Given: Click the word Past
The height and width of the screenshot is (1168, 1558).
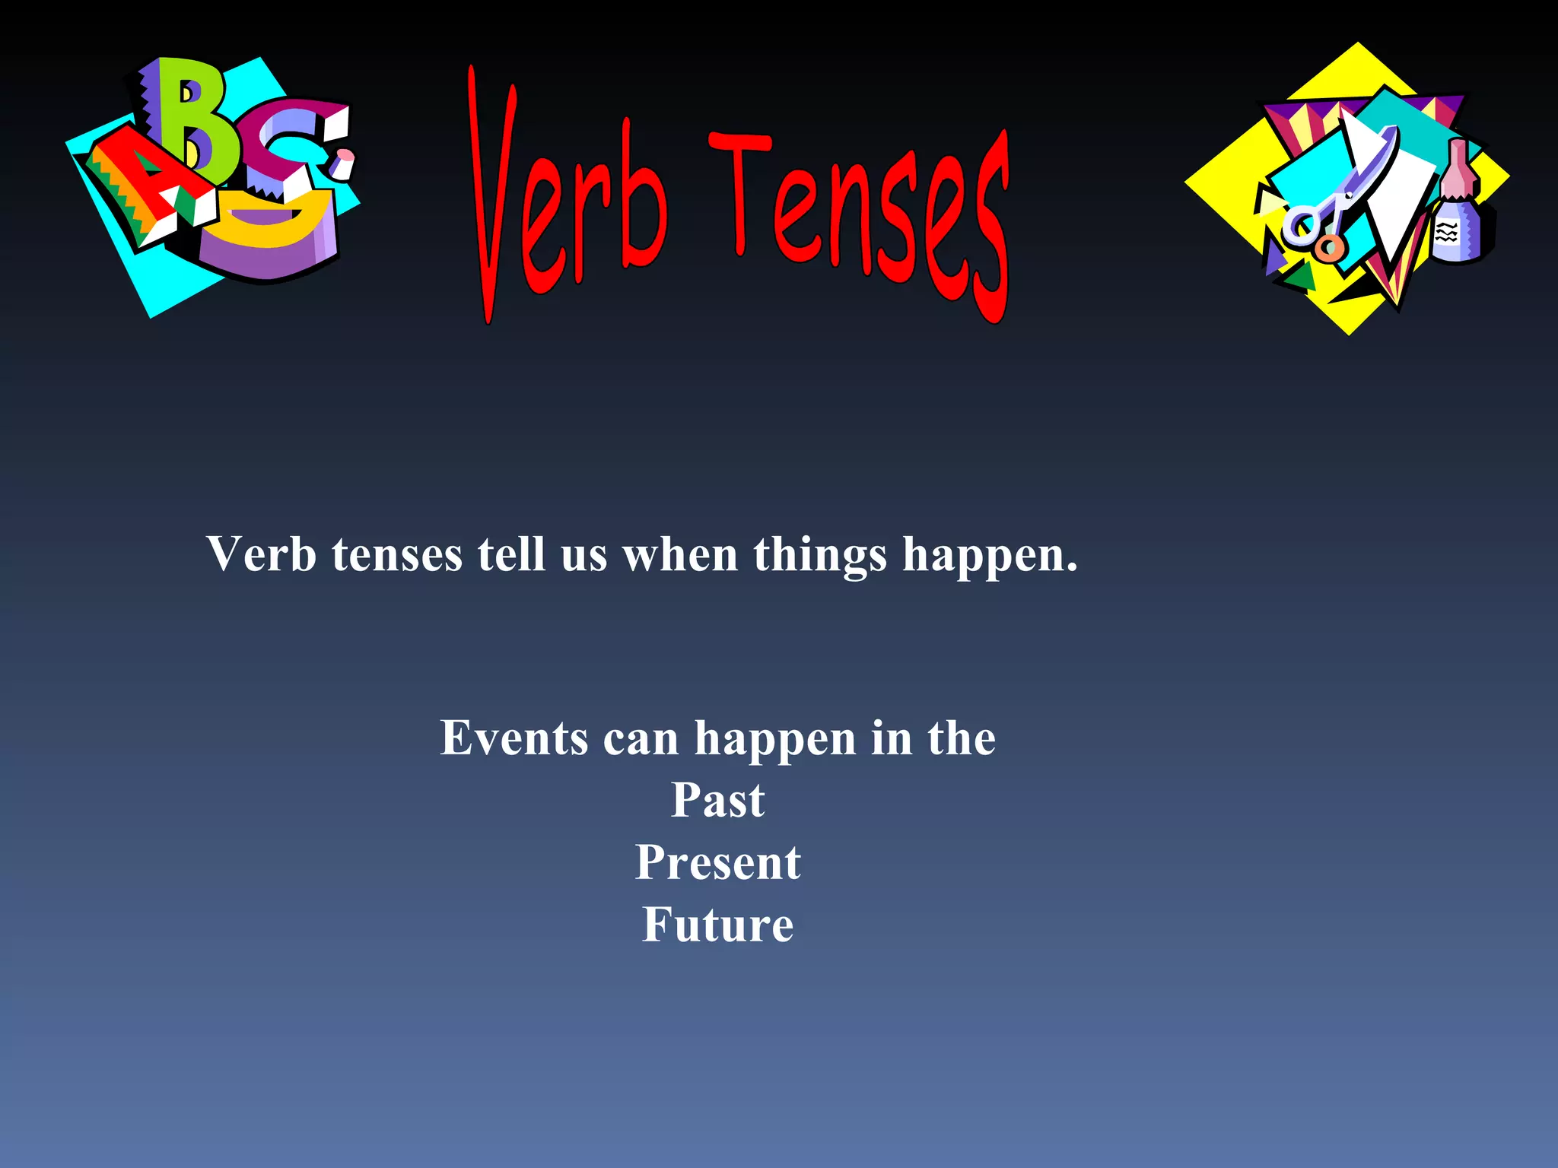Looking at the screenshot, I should click(x=717, y=801).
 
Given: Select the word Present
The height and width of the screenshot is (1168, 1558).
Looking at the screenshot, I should click(x=717, y=863).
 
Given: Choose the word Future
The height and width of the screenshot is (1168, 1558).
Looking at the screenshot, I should click(x=717, y=925).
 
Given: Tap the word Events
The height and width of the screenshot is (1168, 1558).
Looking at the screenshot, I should click(x=514, y=738).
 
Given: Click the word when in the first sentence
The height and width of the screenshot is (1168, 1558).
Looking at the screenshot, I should click(x=680, y=554).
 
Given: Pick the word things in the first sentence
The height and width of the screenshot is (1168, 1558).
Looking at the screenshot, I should click(x=820, y=556).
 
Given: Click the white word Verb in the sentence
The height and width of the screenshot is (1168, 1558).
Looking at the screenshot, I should click(x=261, y=554).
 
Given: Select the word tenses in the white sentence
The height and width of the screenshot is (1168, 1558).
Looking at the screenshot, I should click(x=396, y=556).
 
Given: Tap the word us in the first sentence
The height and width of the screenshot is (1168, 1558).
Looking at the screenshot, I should click(x=583, y=556).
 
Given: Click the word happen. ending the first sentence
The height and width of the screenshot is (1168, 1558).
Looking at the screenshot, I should click(x=990, y=556).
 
